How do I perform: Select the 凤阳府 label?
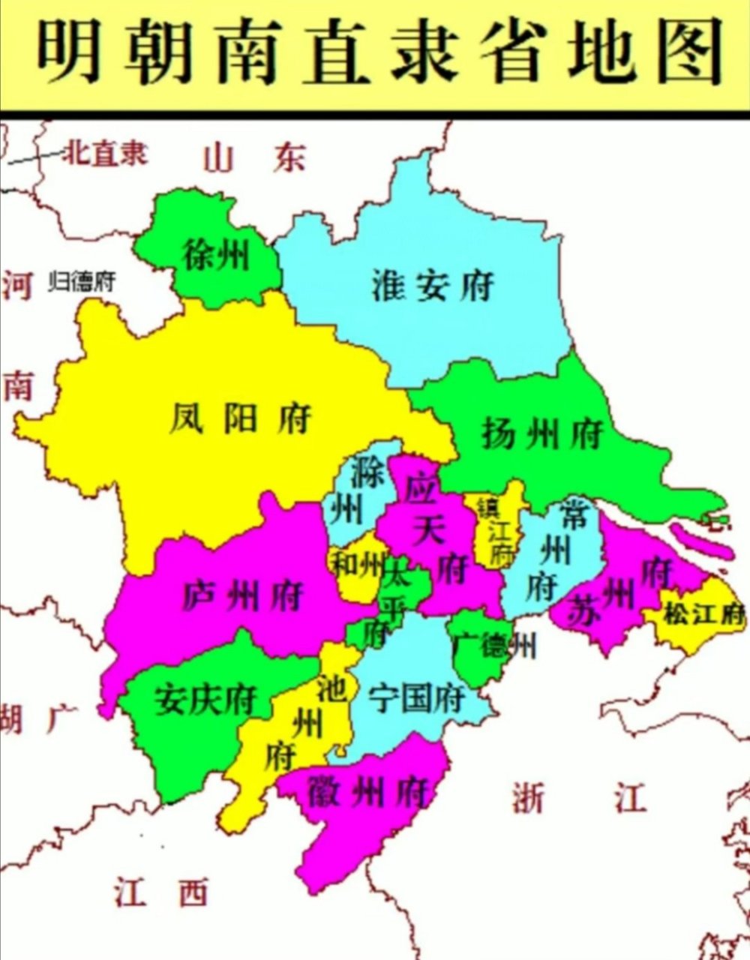point(239,418)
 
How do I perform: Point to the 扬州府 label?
point(542,434)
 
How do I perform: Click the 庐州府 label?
point(243,596)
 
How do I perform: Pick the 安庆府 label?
point(206,700)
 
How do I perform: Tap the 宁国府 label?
point(417,700)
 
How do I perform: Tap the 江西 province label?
point(161,893)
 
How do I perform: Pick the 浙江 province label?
point(578,799)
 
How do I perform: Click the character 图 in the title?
point(685,52)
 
